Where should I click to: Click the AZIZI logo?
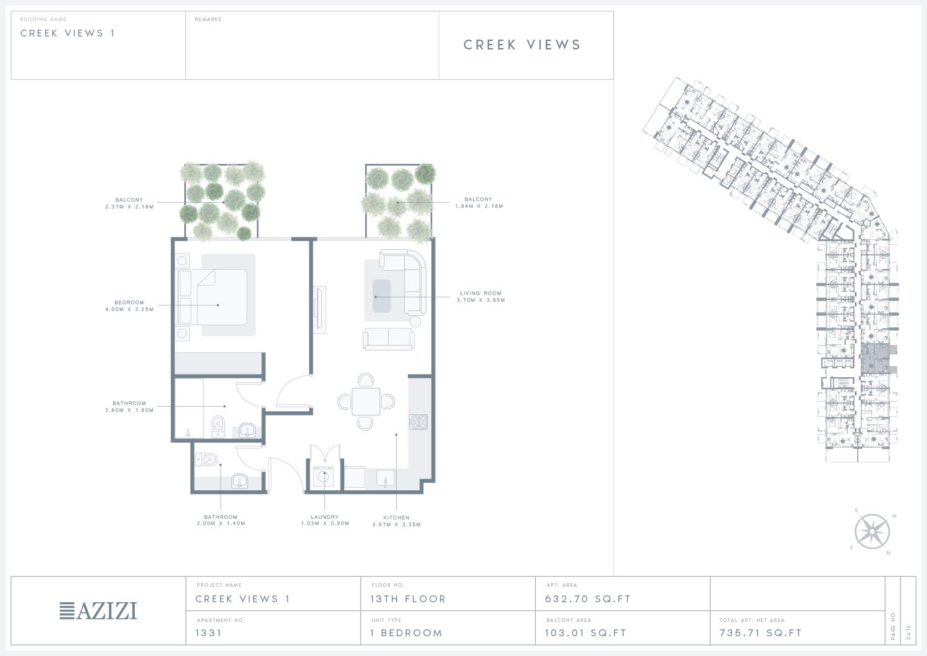(x=98, y=611)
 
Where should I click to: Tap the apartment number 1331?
(x=209, y=633)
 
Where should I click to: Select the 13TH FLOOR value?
(x=408, y=599)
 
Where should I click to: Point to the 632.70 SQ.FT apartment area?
(x=588, y=599)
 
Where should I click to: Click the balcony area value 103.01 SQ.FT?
(x=586, y=633)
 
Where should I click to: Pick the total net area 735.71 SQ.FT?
(x=761, y=633)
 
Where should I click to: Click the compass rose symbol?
(x=872, y=531)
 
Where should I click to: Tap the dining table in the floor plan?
(x=366, y=401)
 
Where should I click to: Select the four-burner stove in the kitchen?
(x=418, y=422)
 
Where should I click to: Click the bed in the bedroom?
(x=213, y=297)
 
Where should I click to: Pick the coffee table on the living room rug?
(x=381, y=296)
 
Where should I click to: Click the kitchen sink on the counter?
(x=385, y=479)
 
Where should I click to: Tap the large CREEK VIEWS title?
(x=522, y=45)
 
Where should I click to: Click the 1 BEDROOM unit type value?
(x=407, y=633)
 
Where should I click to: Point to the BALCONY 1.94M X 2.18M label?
(x=479, y=203)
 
